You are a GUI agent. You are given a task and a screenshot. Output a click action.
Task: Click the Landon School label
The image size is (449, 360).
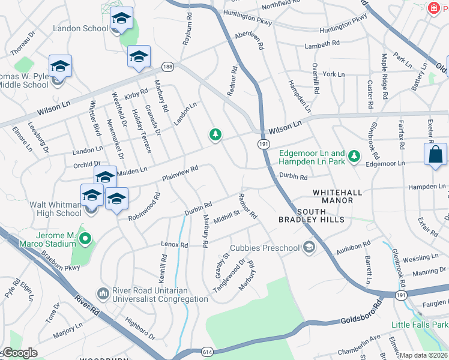pyautogui.click(x=80, y=28)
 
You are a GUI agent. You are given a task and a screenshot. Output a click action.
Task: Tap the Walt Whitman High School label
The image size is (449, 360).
pyautogui.click(x=56, y=209)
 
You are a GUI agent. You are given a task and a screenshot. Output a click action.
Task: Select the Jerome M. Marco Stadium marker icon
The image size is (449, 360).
pyautogui.click(x=85, y=239)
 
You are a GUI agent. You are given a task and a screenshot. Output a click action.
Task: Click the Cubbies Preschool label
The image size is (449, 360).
pyautogui.click(x=265, y=248)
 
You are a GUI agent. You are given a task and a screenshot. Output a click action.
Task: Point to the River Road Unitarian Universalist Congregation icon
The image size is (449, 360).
pyautogui.click(x=103, y=293)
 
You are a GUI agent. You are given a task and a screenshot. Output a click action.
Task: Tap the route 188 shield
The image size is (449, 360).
pyautogui.click(x=167, y=67)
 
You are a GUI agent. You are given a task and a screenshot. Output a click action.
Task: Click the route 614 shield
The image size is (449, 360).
pyautogui.click(x=208, y=351)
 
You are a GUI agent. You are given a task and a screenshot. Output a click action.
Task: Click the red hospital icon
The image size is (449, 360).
pyautogui.click(x=432, y=8)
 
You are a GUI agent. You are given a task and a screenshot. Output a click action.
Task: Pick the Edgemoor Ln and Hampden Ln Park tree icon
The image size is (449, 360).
pyautogui.click(x=355, y=156)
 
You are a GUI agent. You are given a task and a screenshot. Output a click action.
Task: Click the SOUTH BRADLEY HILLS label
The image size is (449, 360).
pyautogui.click(x=321, y=215)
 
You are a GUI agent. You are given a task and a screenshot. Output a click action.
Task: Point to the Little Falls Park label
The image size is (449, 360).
pyautogui.click(x=420, y=325)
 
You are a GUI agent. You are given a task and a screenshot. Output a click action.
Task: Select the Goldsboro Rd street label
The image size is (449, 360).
pyautogui.click(x=361, y=313)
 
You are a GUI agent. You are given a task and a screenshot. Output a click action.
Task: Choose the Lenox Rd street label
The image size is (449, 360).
pyautogui.click(x=175, y=245)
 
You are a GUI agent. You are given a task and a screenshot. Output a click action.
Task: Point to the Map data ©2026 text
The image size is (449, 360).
pyautogui.click(x=423, y=355)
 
